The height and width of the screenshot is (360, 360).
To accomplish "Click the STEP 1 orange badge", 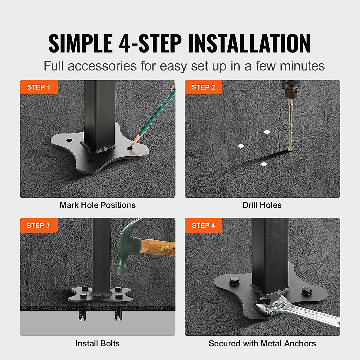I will tap(39, 87).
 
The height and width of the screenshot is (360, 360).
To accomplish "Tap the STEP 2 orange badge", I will tap(203, 87).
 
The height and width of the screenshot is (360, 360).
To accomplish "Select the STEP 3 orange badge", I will tap(38, 226).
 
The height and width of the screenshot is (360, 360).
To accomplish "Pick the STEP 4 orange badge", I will tap(203, 226).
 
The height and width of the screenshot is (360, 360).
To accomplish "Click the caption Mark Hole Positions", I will tap(97, 205).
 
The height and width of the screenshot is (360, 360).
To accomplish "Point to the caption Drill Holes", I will tap(262, 205).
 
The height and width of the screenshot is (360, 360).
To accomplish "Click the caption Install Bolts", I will tap(97, 343).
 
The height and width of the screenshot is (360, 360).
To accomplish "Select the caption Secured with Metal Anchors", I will tap(262, 343).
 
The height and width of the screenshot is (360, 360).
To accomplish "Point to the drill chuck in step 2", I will tap(289, 92).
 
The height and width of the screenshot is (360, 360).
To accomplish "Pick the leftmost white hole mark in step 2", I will tap(241, 146).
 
